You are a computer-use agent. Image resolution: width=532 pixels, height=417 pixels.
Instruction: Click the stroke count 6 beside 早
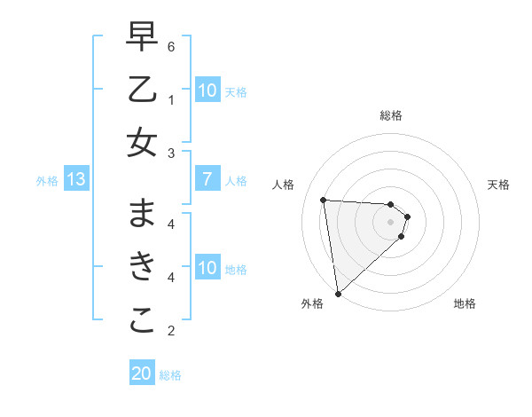(x=171, y=46)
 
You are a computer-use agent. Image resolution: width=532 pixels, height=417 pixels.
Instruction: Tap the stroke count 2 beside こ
(x=171, y=331)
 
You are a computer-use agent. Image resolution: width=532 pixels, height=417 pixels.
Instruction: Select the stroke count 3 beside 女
(x=171, y=153)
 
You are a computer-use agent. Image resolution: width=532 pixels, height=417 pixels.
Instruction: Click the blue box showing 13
(x=75, y=180)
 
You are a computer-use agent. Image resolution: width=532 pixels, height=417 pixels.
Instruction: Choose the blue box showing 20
(x=142, y=374)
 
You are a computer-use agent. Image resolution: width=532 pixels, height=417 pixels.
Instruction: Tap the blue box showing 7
(x=207, y=180)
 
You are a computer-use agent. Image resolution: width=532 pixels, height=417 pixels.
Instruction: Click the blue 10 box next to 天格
(x=207, y=90)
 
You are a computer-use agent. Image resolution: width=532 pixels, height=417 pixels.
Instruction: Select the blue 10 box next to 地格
(x=207, y=268)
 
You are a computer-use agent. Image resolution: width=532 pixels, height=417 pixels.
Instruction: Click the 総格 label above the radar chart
(x=390, y=115)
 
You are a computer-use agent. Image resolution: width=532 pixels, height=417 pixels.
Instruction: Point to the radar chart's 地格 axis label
(x=465, y=303)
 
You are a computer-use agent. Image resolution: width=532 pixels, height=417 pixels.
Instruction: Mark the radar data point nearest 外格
(x=338, y=293)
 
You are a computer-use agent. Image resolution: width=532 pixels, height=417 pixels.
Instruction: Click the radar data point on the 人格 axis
(x=324, y=200)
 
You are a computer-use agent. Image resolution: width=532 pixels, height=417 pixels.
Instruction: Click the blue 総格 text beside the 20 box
(x=170, y=375)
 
